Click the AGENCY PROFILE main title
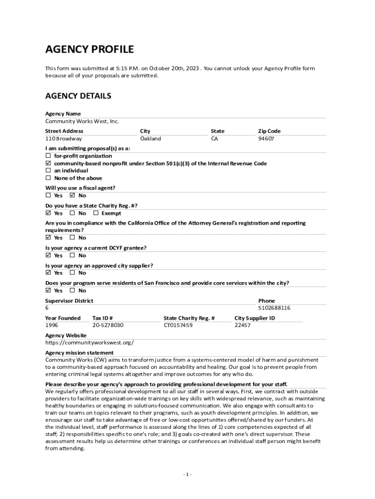[x=90, y=49]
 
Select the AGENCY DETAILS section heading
[x=78, y=96]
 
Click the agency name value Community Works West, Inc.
[x=82, y=121]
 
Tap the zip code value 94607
[x=266, y=138]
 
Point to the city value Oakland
[x=150, y=138]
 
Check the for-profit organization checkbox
[x=48, y=156]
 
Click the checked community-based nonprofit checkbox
[x=48, y=163]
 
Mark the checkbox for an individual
[x=48, y=171]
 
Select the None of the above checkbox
[x=48, y=178]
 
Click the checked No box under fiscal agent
[x=73, y=195]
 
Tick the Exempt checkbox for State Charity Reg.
[x=96, y=213]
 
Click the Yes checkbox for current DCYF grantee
[x=48, y=255]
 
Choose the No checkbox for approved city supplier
[x=73, y=273]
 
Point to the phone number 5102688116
[x=274, y=308]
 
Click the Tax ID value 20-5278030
[x=108, y=325]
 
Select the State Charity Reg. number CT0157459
[x=178, y=325]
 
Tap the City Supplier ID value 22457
[x=243, y=325]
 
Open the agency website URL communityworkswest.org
[x=90, y=343]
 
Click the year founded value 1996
[x=52, y=325]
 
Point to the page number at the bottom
[x=187, y=475]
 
